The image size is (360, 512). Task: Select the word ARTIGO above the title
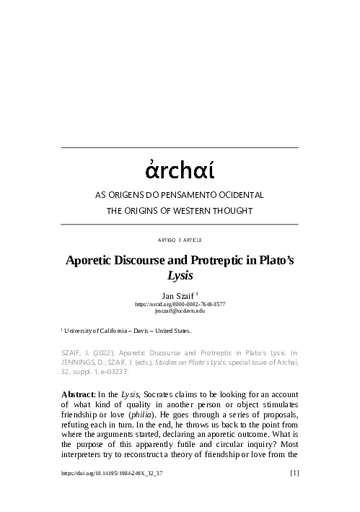coord(165,238)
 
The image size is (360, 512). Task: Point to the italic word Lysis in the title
coord(180,275)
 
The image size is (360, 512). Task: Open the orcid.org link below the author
coord(180,304)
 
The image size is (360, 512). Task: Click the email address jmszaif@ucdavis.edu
coord(180,311)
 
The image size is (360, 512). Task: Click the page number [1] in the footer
coord(294,494)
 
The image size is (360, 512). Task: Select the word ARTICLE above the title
coord(193,238)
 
